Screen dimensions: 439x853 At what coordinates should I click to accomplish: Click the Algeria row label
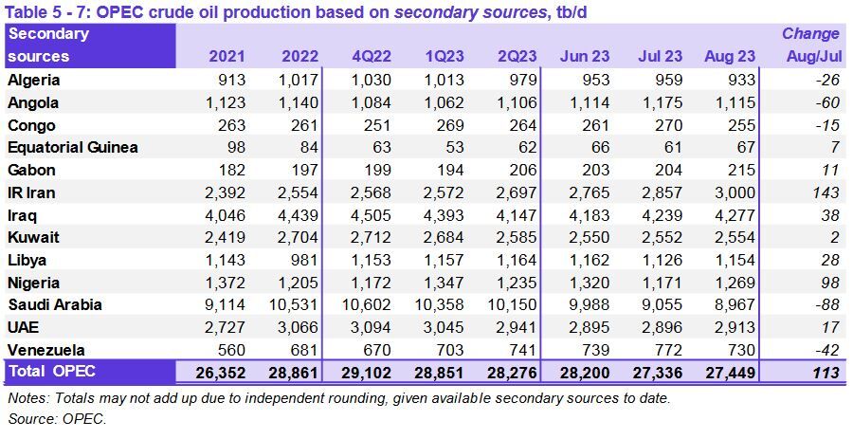point(34,81)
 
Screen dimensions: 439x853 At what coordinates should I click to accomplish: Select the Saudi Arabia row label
point(54,305)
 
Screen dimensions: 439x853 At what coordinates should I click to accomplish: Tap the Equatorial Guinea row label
point(73,148)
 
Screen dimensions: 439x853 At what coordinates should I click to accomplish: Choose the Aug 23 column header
point(731,57)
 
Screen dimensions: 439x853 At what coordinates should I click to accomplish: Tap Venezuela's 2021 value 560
point(232,350)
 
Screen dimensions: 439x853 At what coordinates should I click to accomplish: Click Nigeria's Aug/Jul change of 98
point(827,283)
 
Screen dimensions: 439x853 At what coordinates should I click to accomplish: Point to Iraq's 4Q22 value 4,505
point(372,215)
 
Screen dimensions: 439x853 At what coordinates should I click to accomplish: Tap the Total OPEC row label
point(51,372)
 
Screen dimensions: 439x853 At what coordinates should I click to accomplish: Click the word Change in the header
point(810,34)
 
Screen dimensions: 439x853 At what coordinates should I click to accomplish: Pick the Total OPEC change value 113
point(826,373)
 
